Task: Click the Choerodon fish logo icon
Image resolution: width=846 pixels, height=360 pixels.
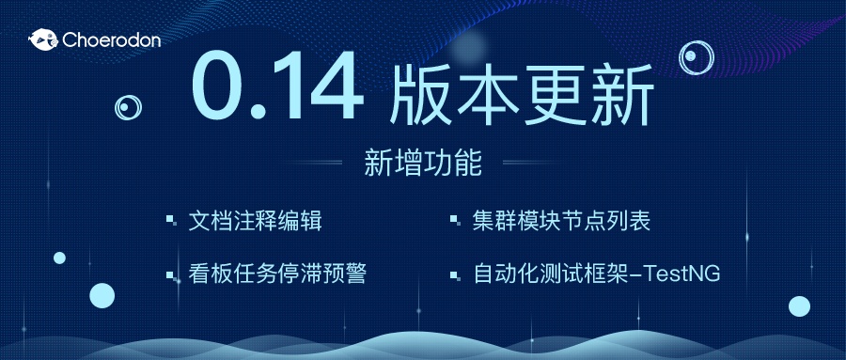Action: click(x=42, y=39)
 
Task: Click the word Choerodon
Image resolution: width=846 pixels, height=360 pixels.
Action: click(x=110, y=39)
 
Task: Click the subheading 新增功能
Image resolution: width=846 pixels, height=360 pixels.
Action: click(x=423, y=164)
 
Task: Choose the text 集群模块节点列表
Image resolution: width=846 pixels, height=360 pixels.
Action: click(x=562, y=222)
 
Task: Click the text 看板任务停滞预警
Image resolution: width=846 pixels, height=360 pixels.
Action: click(x=278, y=274)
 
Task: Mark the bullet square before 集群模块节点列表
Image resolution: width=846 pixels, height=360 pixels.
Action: click(x=455, y=222)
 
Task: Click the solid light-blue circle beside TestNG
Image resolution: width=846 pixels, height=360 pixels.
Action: click(x=799, y=305)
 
